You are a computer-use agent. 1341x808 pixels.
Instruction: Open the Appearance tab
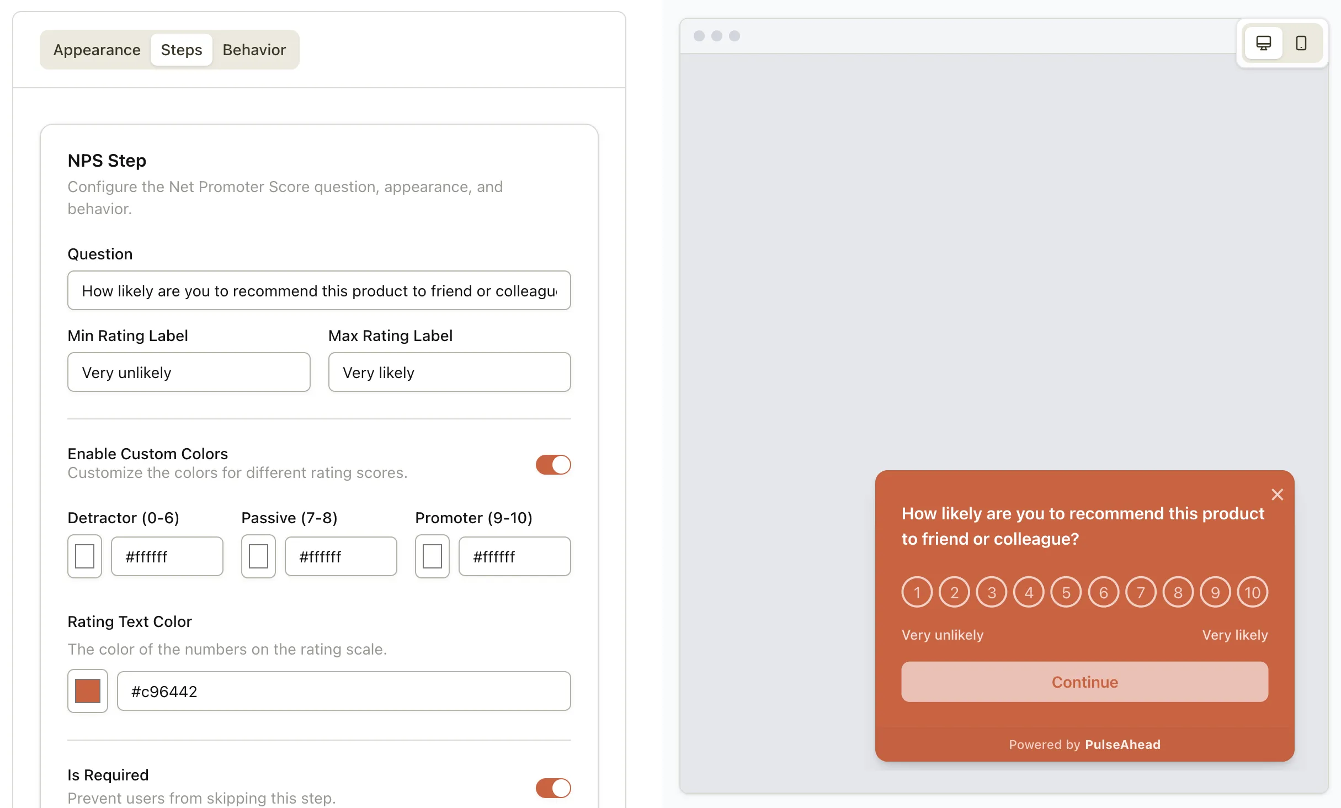97,50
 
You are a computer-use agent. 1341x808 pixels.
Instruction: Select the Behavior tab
254,50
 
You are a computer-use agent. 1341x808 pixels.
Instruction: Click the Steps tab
182,50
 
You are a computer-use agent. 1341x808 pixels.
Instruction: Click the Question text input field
319,291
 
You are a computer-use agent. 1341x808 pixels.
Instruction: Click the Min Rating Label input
189,373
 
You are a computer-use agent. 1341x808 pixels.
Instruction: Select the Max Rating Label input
449,373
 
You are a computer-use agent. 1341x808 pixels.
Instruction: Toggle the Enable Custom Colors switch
553,465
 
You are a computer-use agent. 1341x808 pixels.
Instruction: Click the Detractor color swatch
84,556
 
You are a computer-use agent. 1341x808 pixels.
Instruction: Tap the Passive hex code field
340,556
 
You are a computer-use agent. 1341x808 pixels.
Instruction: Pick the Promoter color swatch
432,556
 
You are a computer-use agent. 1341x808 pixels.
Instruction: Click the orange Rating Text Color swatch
88,691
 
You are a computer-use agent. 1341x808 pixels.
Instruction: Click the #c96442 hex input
343,691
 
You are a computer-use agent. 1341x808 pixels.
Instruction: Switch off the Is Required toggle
553,788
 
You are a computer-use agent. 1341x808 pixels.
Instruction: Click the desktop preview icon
1263,43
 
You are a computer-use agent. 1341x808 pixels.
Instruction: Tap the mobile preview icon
1301,43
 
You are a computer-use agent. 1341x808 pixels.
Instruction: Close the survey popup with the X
1277,495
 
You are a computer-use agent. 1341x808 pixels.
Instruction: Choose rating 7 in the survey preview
1141,592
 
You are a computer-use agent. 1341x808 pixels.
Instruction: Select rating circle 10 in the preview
1252,592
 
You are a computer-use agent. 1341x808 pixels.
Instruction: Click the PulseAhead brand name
1122,745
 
